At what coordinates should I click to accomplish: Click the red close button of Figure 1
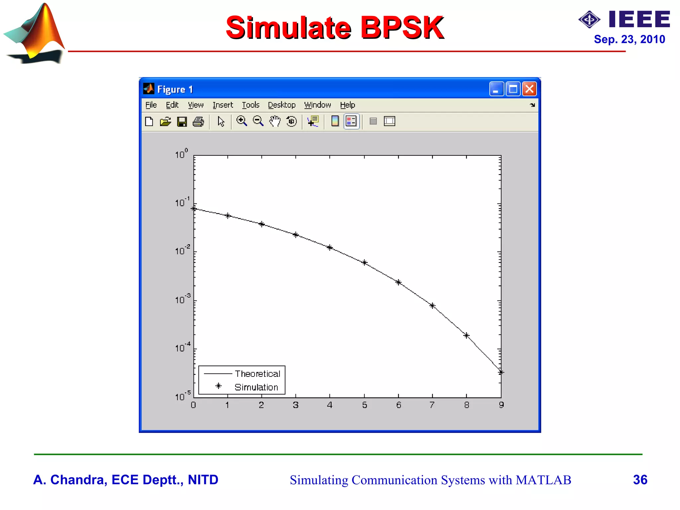(529, 89)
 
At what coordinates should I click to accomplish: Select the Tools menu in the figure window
(250, 105)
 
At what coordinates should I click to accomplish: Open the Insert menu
(222, 105)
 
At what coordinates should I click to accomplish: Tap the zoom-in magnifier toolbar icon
(241, 121)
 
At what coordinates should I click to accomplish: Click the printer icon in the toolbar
(198, 122)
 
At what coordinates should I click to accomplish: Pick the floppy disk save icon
(182, 122)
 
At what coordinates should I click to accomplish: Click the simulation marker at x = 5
(364, 263)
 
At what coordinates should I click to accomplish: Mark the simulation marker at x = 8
(467, 335)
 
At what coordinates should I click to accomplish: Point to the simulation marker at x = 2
(262, 224)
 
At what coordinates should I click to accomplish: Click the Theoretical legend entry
(257, 374)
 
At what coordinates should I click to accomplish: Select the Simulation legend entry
(256, 387)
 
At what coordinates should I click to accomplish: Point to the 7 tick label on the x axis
(432, 405)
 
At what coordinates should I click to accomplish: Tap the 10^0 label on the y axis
(181, 154)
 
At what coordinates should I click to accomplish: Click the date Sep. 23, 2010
(629, 39)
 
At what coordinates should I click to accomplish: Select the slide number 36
(640, 480)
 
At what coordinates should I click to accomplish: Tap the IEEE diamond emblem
(589, 20)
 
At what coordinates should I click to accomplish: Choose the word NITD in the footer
(203, 480)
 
